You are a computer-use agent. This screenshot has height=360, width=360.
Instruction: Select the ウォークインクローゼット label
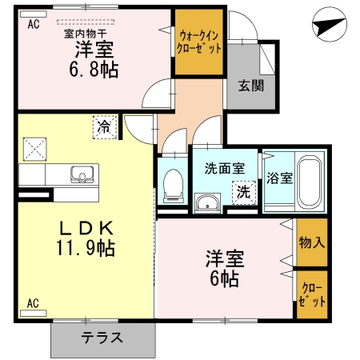point(199,42)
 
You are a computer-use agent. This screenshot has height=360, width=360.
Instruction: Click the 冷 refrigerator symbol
point(104,126)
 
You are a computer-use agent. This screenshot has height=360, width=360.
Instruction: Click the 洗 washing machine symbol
point(242,192)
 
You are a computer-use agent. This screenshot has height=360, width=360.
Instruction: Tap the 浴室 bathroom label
point(279,177)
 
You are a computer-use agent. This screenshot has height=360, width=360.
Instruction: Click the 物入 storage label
point(311,241)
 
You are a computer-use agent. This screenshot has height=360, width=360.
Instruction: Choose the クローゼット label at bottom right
point(312,296)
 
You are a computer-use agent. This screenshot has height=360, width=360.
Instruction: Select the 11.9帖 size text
point(86,248)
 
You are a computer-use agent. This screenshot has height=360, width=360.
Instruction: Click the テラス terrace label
point(102,338)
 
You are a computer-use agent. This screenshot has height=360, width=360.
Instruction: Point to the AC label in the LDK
point(34,303)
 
